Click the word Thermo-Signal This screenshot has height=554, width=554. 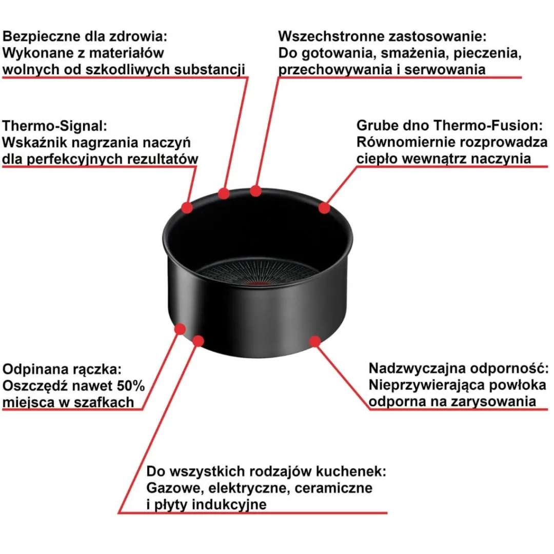[x=54, y=126]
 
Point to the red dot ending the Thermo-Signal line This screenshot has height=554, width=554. [x=187, y=207]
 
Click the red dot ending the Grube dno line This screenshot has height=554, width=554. [x=324, y=208]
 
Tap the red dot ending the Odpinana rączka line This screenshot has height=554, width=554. [x=180, y=329]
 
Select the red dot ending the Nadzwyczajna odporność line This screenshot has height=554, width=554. [x=315, y=341]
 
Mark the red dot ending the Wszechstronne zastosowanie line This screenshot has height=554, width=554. [x=255, y=191]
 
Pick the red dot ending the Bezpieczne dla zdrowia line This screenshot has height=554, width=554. [x=223, y=193]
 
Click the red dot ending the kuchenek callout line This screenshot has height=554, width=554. [x=198, y=341]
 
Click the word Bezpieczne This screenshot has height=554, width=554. [x=42, y=37]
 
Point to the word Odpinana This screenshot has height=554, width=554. [x=35, y=369]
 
